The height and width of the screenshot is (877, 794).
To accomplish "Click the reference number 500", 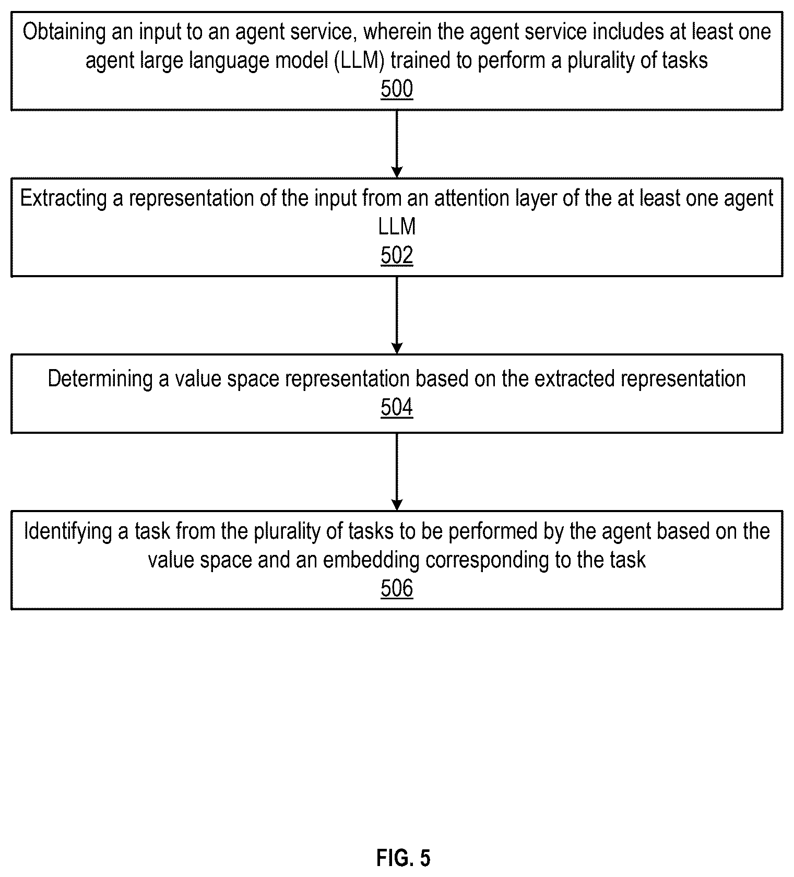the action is [x=397, y=89].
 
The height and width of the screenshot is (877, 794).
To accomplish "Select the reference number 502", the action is [x=397, y=256].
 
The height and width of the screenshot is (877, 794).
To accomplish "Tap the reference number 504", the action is [x=397, y=407].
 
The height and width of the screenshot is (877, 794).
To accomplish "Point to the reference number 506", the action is [x=397, y=588].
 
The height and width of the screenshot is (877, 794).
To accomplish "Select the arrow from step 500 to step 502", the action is [x=397, y=144].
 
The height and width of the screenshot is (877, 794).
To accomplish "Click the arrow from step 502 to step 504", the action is [x=397, y=315].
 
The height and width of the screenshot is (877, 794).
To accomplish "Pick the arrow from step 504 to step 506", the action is [x=397, y=472].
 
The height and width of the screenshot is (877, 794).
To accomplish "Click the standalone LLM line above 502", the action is [x=397, y=227].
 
